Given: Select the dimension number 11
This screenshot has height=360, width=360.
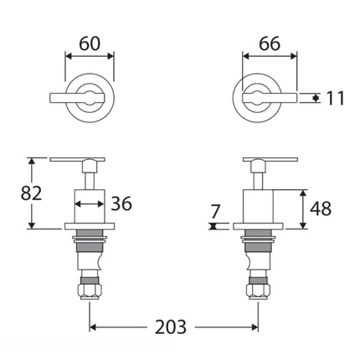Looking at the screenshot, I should pyautogui.click(x=335, y=99).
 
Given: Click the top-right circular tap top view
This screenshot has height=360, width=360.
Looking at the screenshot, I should pyautogui.click(x=258, y=96).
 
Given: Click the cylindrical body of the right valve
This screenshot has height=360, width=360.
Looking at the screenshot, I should pyautogui.click(x=257, y=205).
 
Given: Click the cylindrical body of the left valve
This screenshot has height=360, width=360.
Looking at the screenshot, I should pyautogui.click(x=90, y=205).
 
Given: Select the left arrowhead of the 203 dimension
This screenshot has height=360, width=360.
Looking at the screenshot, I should pyautogui.click(x=94, y=327).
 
